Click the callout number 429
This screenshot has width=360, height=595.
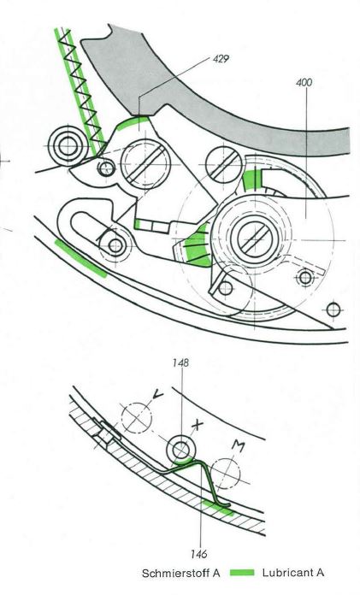click(x=221, y=59)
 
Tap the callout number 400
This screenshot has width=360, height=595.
click(x=304, y=82)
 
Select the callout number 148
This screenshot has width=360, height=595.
click(x=180, y=362)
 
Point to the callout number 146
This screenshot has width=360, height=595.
click(x=199, y=554)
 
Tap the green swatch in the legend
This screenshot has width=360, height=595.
click(x=242, y=573)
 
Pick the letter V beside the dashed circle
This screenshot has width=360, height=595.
click(x=157, y=395)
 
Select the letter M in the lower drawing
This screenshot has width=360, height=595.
click(x=238, y=446)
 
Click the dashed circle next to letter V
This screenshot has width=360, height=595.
click(x=137, y=418)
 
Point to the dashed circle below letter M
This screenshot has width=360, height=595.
click(x=226, y=474)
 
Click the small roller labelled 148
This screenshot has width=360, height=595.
click(x=180, y=450)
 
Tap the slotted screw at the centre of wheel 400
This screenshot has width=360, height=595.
click(x=255, y=239)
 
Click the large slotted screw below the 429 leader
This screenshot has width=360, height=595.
click(x=145, y=164)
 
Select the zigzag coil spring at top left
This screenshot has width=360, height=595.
click(x=80, y=91)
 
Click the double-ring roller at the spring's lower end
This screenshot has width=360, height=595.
click(x=68, y=147)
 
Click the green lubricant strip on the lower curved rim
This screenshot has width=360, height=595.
click(x=80, y=258)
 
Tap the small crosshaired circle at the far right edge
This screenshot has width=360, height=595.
click(x=333, y=310)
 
